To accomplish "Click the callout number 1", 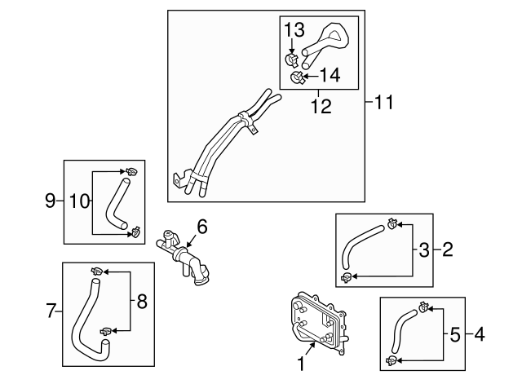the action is click(301, 364).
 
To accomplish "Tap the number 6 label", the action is click(202, 227).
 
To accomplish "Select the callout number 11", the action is click(383, 102).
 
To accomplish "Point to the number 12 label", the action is click(321, 107).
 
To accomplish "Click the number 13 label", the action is click(294, 29).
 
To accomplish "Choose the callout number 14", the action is click(330, 75).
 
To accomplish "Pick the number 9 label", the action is click(50, 201).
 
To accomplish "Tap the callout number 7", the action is click(51, 311).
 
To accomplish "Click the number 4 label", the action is click(480, 334).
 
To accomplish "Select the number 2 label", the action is click(448, 249).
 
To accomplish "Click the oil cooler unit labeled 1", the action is click(319, 322).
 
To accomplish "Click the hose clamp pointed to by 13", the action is click(292, 60).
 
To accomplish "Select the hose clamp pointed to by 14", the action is click(297, 78).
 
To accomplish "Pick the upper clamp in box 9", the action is click(132, 172).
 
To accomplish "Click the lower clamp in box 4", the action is click(391, 360).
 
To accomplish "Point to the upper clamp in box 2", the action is click(392, 223).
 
